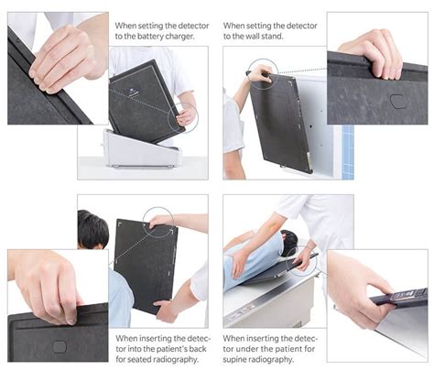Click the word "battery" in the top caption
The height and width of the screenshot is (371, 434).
pos(150,37)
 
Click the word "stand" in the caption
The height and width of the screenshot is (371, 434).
pos(272,37)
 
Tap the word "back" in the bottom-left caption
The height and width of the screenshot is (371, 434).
pos(198,349)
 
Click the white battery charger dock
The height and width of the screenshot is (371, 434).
pos(141,149)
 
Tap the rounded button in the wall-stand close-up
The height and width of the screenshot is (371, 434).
pos(397,101)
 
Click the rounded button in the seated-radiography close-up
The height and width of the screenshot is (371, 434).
pos(60,346)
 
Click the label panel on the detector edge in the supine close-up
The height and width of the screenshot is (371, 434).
pos(404,296)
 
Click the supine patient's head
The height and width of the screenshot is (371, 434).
pos(289,242)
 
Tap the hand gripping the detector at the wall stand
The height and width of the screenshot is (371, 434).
pos(260,73)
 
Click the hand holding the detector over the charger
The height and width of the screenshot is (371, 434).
pos(185,116)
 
